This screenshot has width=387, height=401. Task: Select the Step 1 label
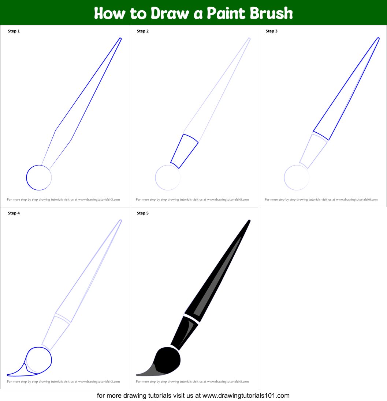[14, 31]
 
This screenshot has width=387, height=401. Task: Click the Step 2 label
[143, 31]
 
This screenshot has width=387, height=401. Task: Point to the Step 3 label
[272, 31]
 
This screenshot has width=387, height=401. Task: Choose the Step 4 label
[14, 213]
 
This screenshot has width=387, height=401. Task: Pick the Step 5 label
[143, 213]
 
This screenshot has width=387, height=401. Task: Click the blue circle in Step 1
[26, 178]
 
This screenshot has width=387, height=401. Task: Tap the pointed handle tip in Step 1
[120, 38]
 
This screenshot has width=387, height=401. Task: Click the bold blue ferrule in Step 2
[184, 151]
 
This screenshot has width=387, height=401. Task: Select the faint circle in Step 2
[155, 178]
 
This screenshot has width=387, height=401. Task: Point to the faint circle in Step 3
[284, 178]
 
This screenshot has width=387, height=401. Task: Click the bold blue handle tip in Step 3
[379, 38]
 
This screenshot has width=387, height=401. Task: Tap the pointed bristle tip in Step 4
[8, 375]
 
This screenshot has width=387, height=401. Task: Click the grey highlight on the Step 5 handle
[218, 276]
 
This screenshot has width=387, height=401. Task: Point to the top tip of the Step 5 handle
[249, 220]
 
